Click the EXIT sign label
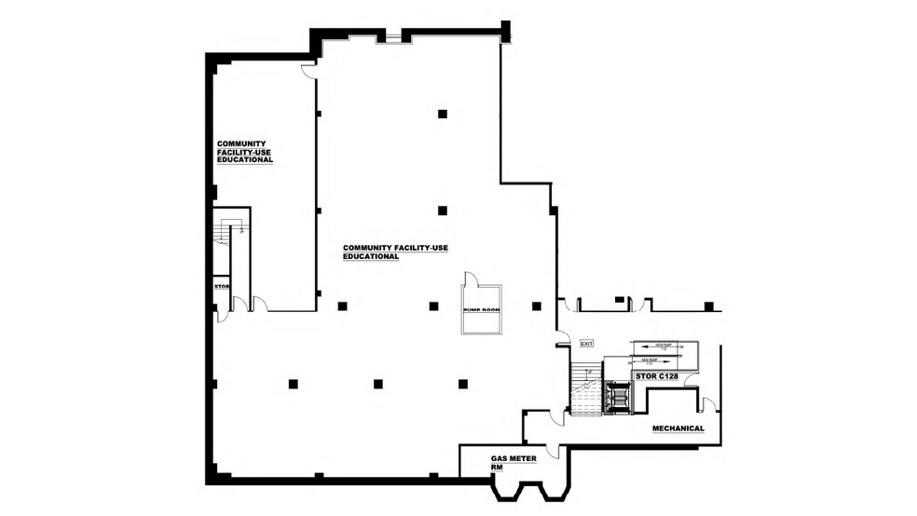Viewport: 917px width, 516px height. point(587,344)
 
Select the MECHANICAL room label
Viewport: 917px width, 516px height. point(677,428)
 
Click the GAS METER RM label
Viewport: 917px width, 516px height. point(513,463)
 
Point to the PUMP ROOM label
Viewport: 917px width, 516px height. point(482,309)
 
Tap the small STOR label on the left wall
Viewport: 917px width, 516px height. point(222,287)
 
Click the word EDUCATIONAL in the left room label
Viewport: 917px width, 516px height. point(245,159)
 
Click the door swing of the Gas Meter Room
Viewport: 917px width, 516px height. point(553,451)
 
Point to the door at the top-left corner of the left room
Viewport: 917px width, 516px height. point(308,71)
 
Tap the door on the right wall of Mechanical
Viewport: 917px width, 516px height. point(709,404)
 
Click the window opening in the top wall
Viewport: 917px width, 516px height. point(394,37)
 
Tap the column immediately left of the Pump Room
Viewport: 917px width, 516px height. point(433,306)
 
